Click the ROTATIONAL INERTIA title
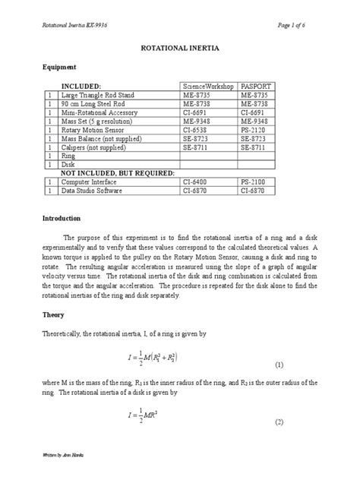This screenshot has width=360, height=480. (x=179, y=46)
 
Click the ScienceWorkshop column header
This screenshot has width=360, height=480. (x=208, y=87)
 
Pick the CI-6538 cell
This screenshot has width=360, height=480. (x=196, y=129)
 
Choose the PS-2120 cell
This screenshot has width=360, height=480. (x=254, y=129)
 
